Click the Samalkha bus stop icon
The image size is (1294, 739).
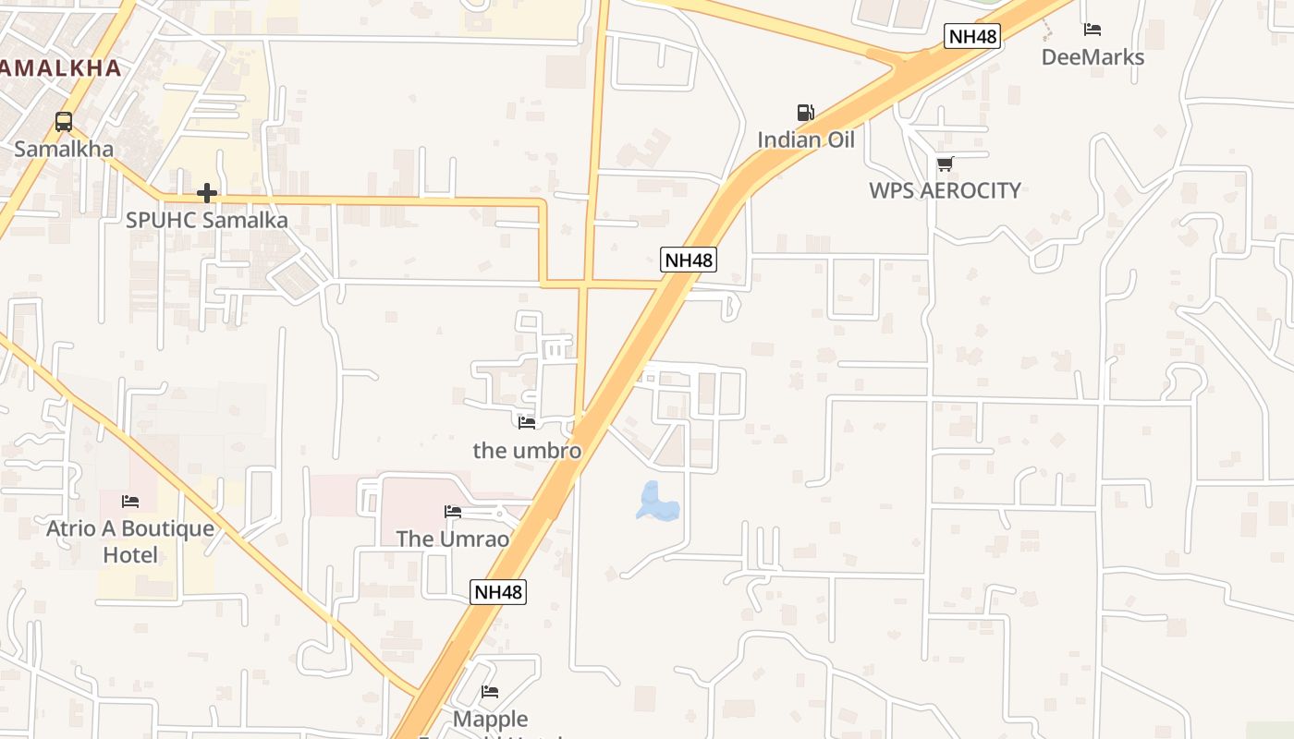(x=64, y=121)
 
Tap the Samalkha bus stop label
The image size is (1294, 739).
(x=64, y=149)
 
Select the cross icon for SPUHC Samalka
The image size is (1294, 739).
(x=207, y=193)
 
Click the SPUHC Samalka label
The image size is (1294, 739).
(x=207, y=220)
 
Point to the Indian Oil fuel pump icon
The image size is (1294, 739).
(x=806, y=113)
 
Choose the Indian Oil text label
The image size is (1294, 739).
(x=806, y=139)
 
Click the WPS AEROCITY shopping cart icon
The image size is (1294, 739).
(x=945, y=164)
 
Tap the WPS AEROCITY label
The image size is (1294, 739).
(x=945, y=190)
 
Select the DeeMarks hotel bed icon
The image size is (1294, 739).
(x=1093, y=30)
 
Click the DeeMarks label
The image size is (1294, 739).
(x=1093, y=56)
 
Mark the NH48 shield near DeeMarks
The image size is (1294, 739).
(x=972, y=37)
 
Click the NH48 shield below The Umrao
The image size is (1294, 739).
(x=498, y=592)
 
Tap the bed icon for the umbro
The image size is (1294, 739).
(x=527, y=422)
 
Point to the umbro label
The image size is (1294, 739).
(x=527, y=450)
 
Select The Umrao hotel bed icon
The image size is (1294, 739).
(x=453, y=511)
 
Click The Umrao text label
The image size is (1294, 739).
(x=453, y=539)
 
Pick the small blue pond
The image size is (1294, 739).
(x=657, y=502)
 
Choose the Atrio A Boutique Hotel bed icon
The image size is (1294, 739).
(x=130, y=502)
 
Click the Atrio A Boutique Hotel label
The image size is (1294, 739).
(x=130, y=541)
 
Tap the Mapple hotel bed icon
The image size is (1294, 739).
(x=490, y=691)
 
